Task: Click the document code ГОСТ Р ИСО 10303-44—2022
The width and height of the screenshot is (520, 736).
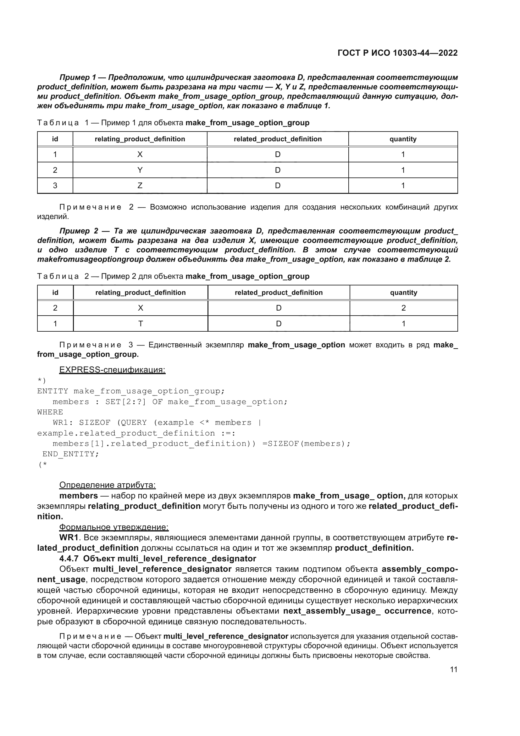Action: point(397,53)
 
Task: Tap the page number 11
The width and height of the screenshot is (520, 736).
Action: point(453,669)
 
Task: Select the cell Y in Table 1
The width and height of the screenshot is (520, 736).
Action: point(140,170)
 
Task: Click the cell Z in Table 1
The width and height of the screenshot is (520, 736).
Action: point(140,185)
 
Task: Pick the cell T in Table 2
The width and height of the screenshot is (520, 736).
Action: point(140,323)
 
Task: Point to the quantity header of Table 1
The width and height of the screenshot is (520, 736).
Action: point(403,139)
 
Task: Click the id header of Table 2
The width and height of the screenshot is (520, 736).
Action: point(55,292)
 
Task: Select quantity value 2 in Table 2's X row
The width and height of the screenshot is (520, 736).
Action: point(403,308)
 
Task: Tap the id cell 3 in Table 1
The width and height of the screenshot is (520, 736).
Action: point(55,185)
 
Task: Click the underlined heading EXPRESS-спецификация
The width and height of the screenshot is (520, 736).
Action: point(112,370)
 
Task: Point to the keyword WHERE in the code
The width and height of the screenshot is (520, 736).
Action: point(50,412)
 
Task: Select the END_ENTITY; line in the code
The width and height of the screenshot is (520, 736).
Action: point(71,454)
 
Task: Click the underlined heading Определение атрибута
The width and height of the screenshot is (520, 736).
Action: point(107,485)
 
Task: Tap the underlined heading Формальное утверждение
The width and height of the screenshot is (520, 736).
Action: point(114,527)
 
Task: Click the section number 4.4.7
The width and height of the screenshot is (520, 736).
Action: point(69,559)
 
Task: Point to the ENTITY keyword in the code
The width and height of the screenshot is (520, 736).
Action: point(53,391)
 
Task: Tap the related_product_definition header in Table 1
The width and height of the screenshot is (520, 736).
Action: point(277,139)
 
